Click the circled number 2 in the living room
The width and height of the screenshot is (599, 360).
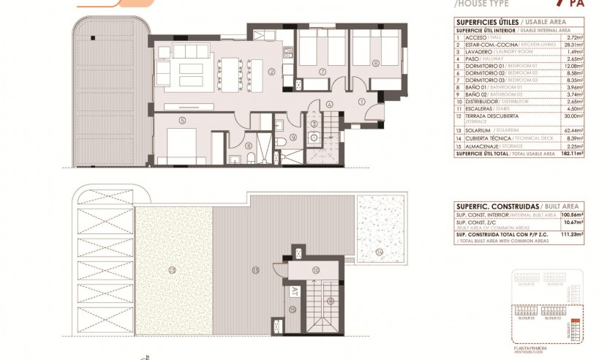271,72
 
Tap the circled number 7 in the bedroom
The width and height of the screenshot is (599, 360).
322,72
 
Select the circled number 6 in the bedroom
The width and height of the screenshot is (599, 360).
375,63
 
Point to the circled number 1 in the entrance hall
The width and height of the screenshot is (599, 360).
361,100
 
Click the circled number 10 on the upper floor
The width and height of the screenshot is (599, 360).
315,270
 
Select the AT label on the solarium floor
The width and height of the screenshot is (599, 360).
295,290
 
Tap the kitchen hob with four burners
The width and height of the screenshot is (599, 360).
262,33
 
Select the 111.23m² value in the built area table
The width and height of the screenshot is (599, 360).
561,233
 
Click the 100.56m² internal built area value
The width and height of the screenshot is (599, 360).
560,214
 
